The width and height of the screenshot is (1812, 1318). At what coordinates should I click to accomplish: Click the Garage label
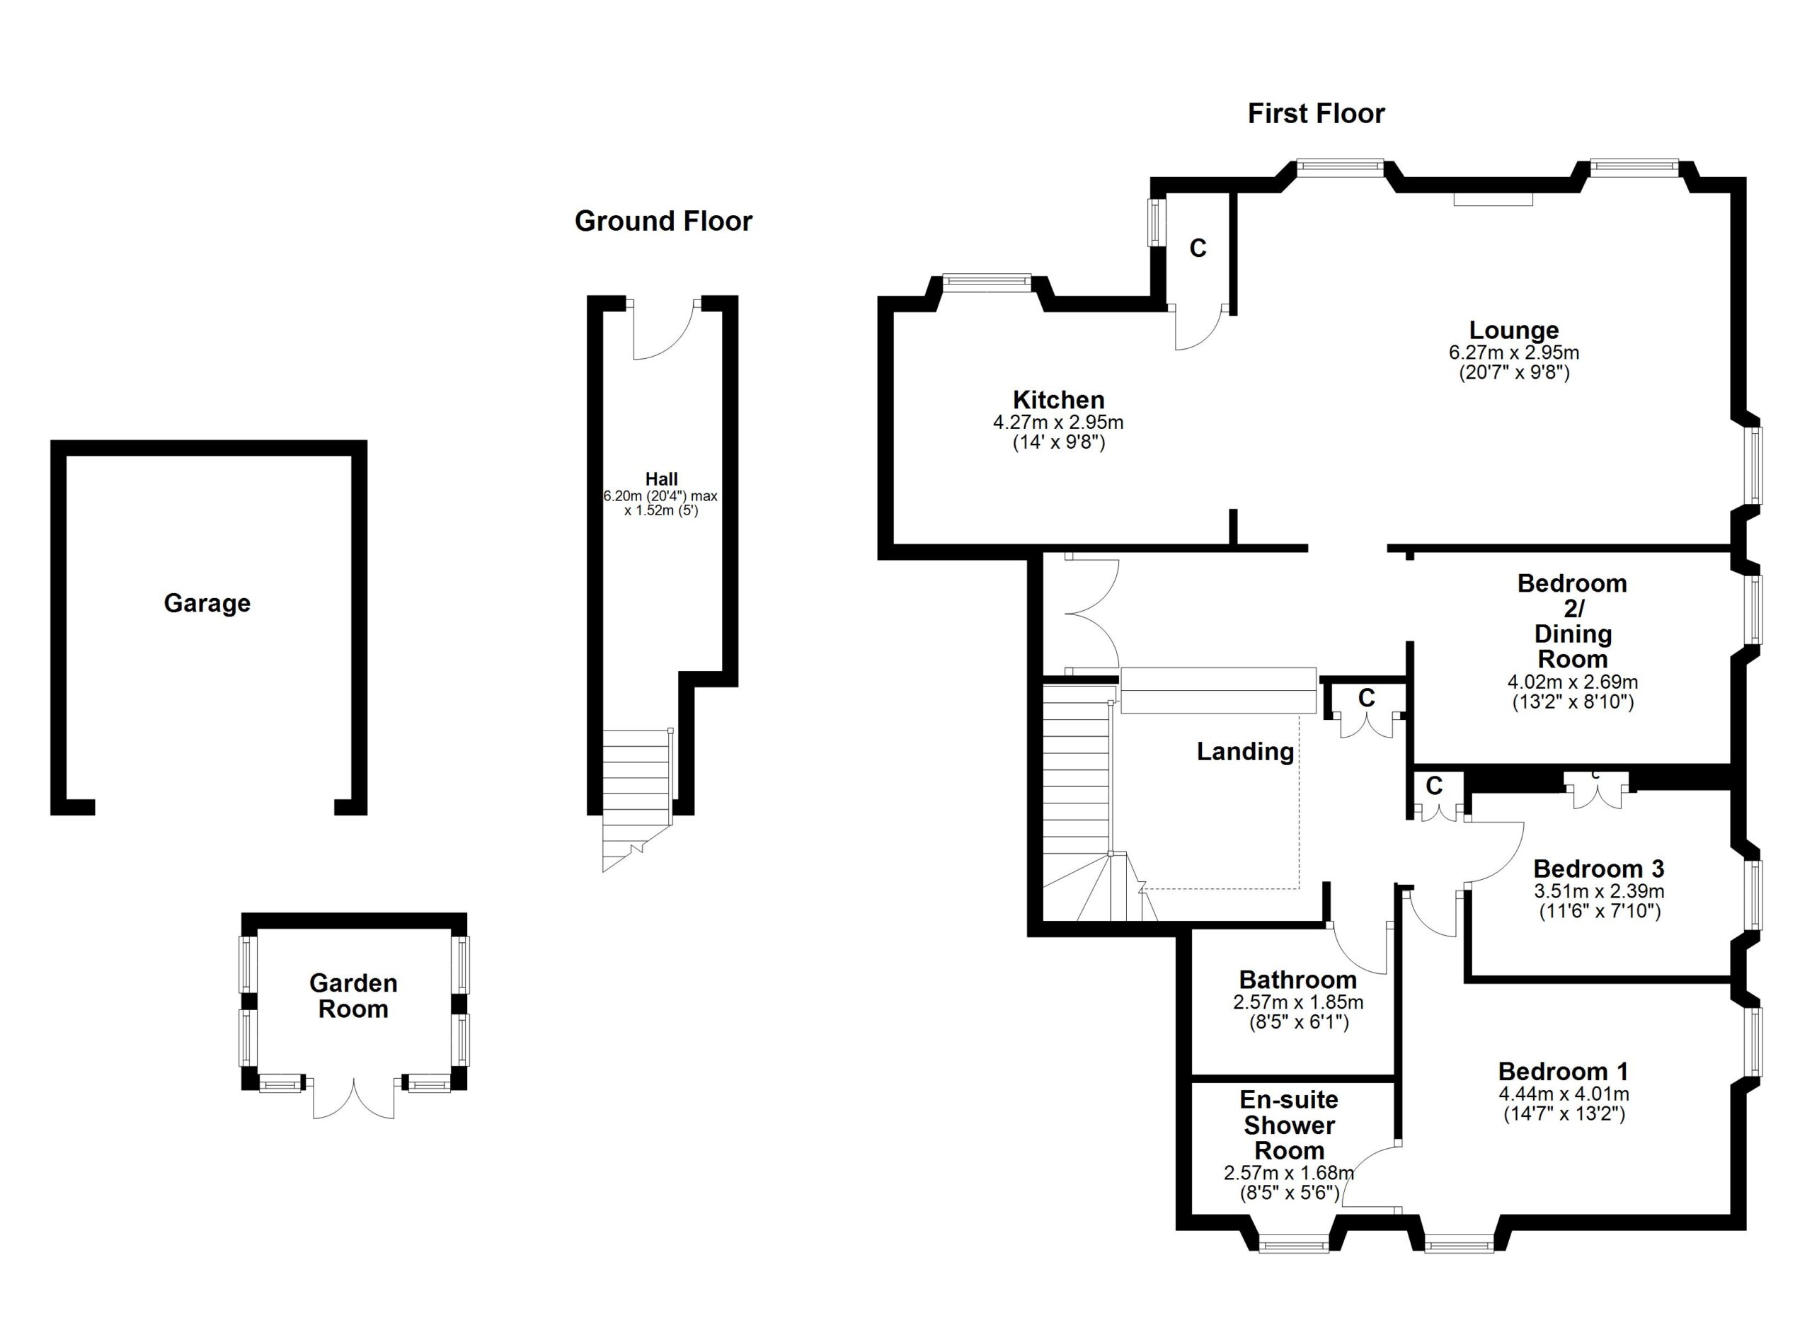(x=207, y=603)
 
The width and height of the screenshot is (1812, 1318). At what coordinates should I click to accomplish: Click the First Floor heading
(x=1315, y=113)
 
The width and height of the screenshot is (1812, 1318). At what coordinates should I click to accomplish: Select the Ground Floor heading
(x=663, y=222)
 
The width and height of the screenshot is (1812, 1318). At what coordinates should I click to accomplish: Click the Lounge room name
(x=1513, y=330)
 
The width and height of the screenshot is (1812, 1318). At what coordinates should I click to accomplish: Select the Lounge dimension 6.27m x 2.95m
(x=1513, y=353)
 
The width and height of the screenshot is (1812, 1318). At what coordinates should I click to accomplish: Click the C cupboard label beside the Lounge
(x=1198, y=249)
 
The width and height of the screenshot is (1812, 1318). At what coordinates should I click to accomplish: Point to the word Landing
(x=1245, y=752)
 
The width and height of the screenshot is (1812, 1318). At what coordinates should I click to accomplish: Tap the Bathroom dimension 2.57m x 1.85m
(x=1297, y=1002)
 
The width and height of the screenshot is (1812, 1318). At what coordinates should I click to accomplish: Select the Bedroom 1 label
(x=1563, y=1071)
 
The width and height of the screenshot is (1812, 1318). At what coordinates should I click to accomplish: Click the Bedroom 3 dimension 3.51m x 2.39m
(x=1599, y=891)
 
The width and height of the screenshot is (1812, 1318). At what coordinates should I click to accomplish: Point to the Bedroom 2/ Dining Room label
(x=1571, y=621)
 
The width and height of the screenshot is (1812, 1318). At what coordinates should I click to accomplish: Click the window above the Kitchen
(x=987, y=280)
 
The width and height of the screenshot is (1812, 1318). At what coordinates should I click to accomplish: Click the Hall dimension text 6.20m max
(x=660, y=496)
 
